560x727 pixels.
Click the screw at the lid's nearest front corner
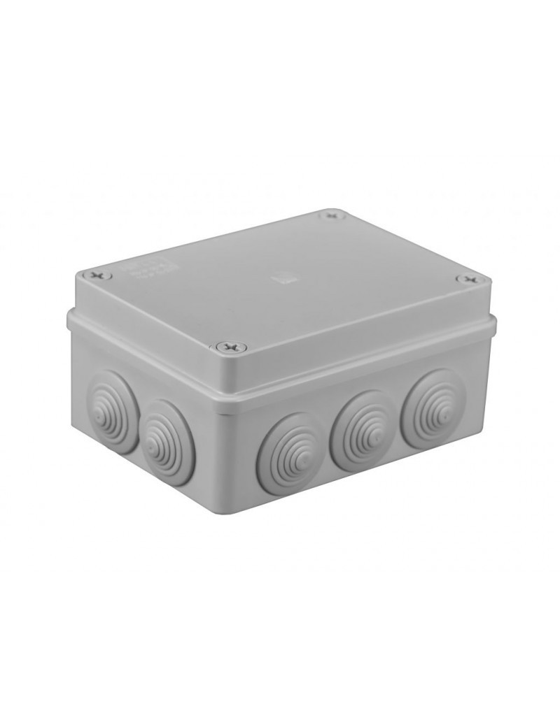click(232, 345)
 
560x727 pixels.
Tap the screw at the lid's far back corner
click(332, 215)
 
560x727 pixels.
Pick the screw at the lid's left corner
click(97, 275)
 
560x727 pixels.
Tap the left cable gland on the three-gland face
click(290, 454)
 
